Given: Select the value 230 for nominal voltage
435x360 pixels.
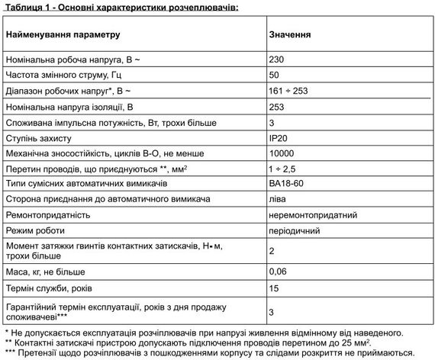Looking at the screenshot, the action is click(277, 59).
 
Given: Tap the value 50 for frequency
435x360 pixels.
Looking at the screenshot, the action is click(275, 75).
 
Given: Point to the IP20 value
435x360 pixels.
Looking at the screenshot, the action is click(279, 138).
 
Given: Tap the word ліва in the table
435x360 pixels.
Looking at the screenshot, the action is click(278, 200).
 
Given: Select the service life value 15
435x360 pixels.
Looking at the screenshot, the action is click(275, 288).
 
